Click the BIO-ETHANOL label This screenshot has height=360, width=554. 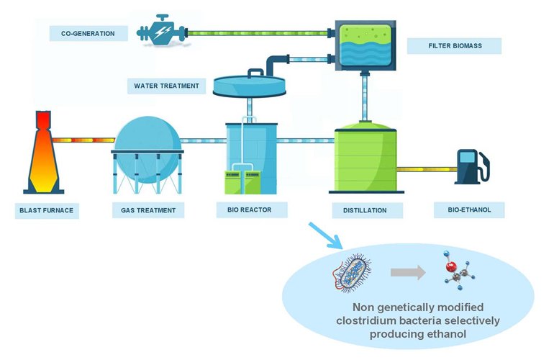tap(469, 210)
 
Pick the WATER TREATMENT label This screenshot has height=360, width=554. tap(166, 86)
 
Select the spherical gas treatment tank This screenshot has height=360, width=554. tap(148, 148)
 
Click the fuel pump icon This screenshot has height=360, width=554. tap(472, 166)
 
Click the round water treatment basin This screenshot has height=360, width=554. tap(248, 86)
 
